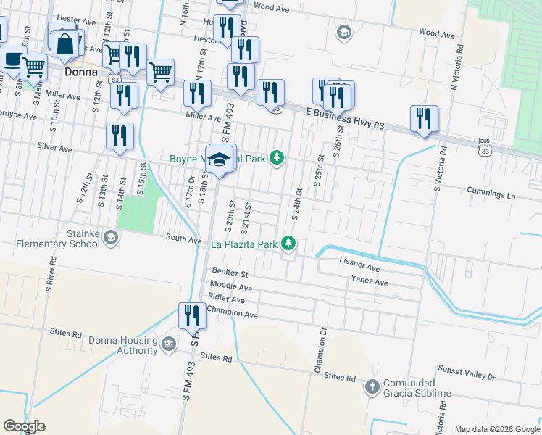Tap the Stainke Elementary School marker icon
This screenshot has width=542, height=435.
pyautogui.click(x=110, y=237)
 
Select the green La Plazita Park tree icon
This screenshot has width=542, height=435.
pyautogui.click(x=289, y=243)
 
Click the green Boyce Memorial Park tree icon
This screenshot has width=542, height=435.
pyautogui.click(x=276, y=157)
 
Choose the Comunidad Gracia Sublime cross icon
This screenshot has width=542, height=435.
pyautogui.click(x=372, y=386)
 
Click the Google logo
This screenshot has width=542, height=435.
pyautogui.click(x=24, y=426)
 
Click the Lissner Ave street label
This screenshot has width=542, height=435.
pyautogui.click(x=359, y=268)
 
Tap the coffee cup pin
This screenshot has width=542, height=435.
pyautogui.click(x=11, y=59)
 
